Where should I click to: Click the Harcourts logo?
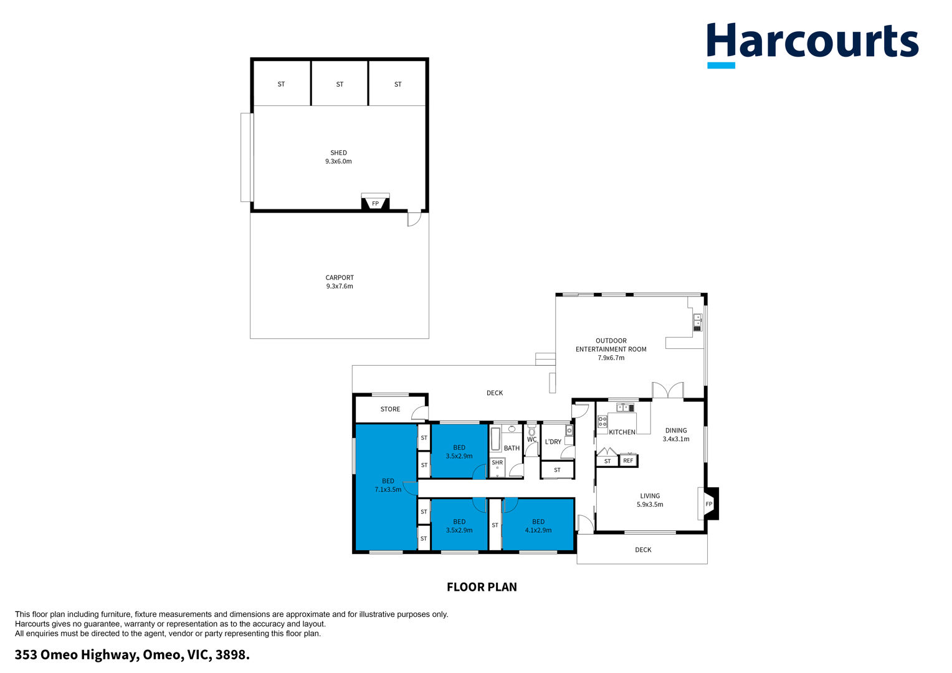[812, 45]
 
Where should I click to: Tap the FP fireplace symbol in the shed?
[375, 203]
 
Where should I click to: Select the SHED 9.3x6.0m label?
[339, 157]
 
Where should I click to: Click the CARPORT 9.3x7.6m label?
[340, 282]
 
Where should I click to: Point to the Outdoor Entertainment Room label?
[611, 349]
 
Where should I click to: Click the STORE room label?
[390, 409]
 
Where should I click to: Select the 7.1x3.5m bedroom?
[386, 487]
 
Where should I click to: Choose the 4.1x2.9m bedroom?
[538, 525]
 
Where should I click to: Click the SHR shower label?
[497, 462]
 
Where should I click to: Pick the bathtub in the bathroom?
[495, 439]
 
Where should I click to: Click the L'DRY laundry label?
[553, 442]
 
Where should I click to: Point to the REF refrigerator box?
[628, 461]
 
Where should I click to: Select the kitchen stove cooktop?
[602, 421]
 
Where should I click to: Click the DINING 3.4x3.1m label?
[676, 434]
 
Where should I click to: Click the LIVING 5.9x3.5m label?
[650, 500]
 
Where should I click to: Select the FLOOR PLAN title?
[482, 587]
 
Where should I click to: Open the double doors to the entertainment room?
[668, 390]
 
